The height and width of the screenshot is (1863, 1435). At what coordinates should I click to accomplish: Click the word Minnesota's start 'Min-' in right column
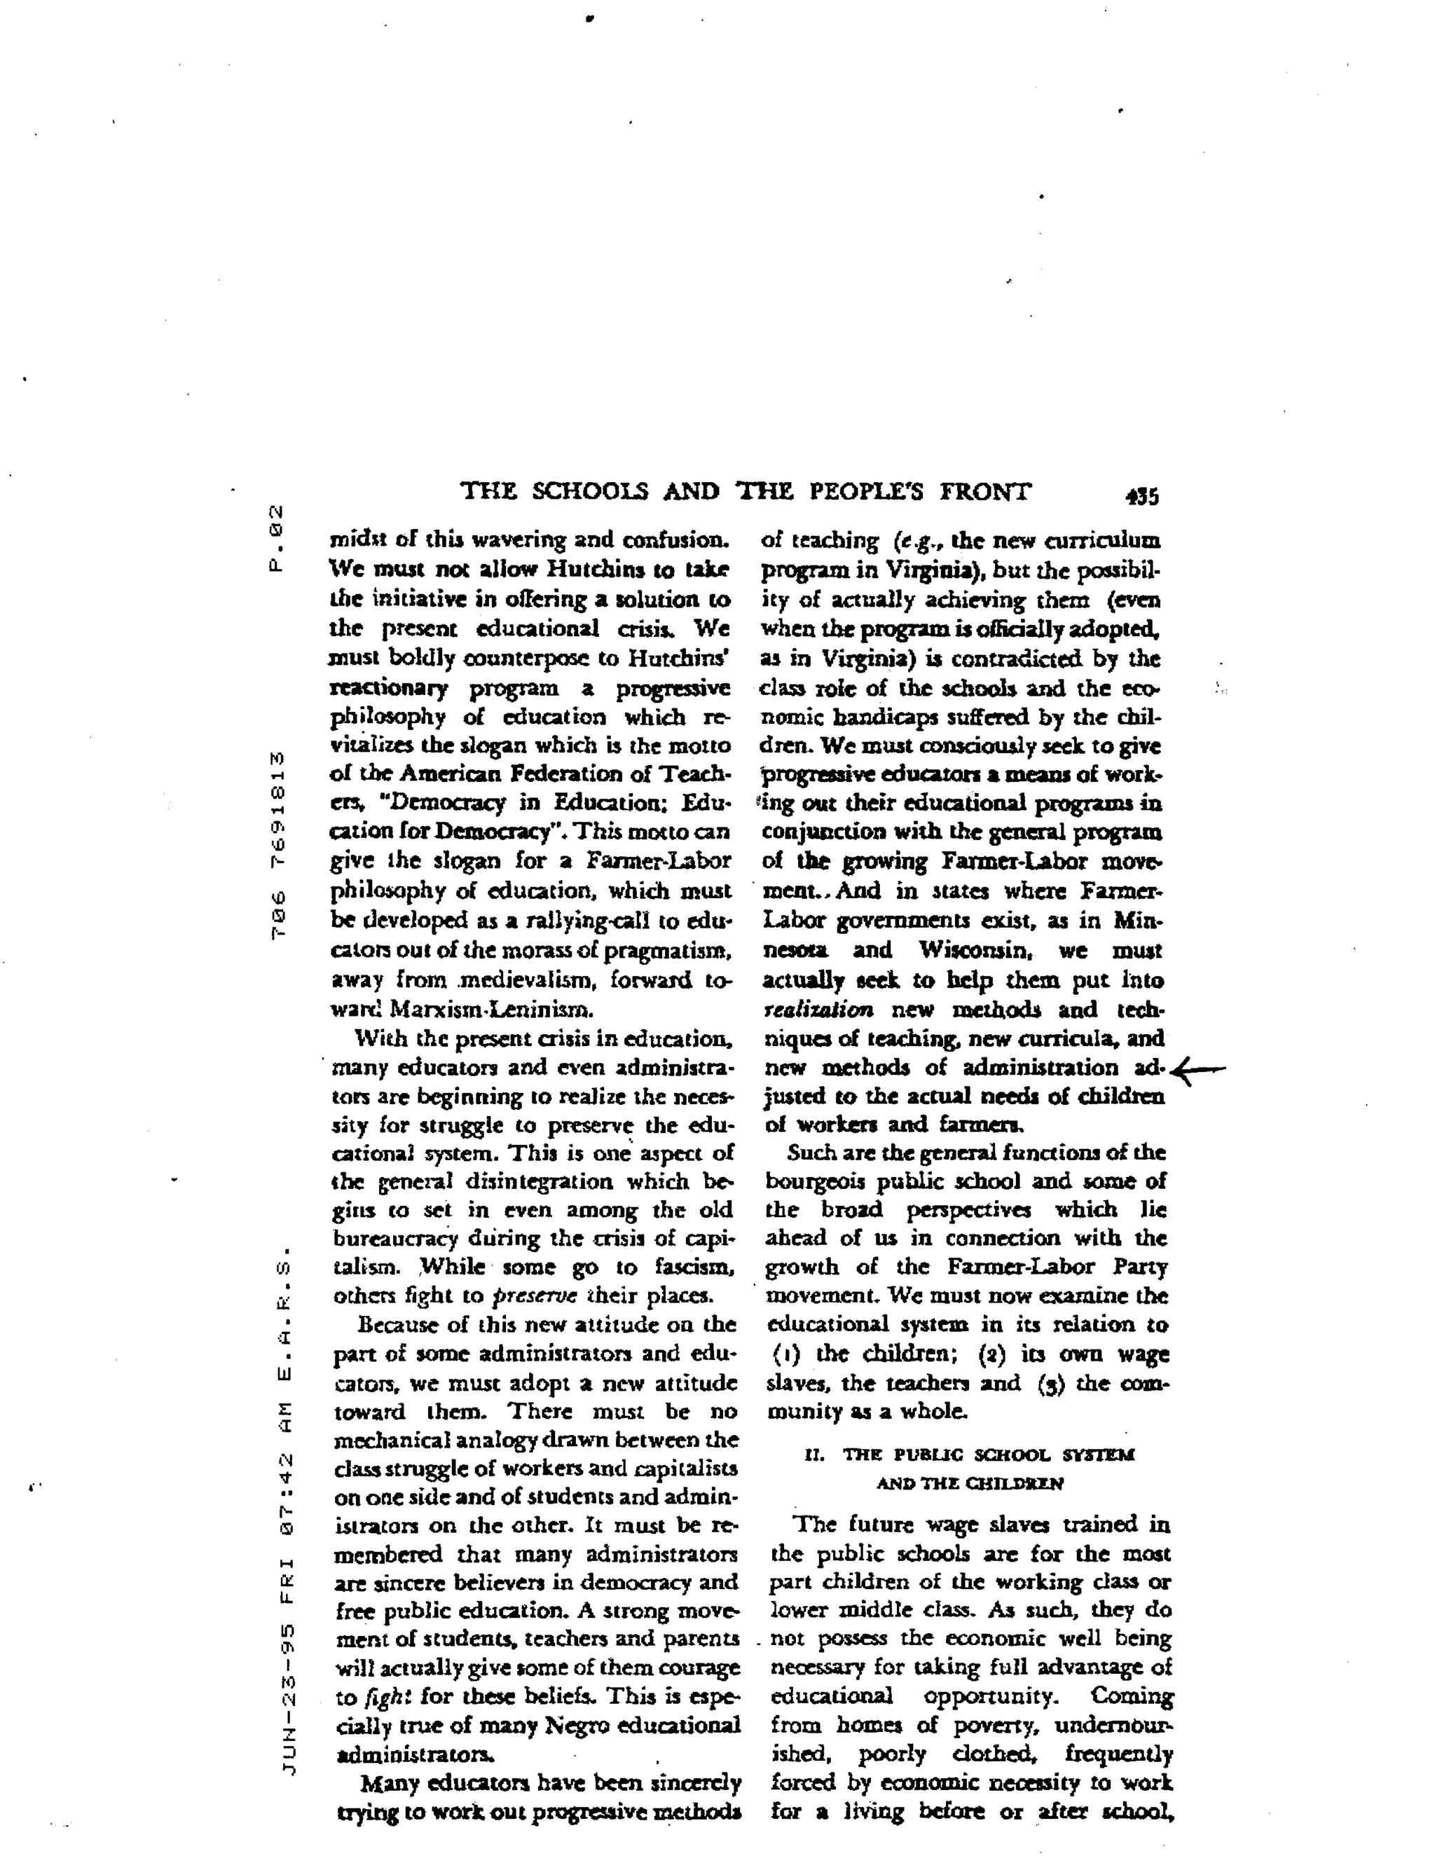click(x=1138, y=921)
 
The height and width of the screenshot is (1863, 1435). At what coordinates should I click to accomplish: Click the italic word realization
click(x=818, y=1010)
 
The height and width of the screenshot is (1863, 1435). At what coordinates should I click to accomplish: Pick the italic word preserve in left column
click(x=536, y=1295)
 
